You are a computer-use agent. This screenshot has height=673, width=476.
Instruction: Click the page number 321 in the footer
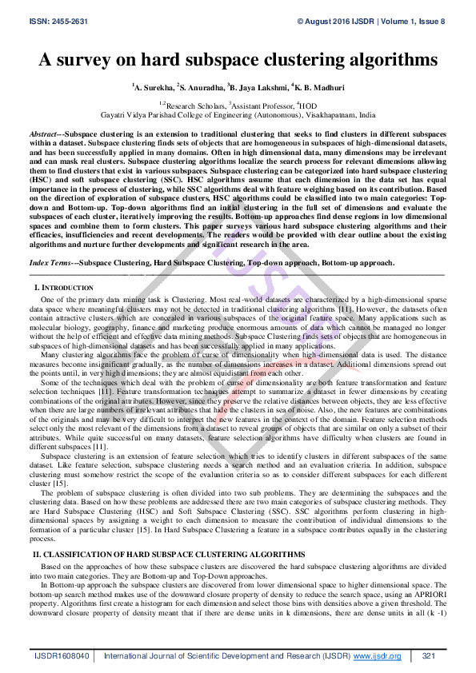tap(428, 656)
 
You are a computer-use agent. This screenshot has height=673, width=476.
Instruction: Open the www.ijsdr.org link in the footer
tap(376, 656)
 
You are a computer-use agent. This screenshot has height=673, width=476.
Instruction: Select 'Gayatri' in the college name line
tap(115, 115)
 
